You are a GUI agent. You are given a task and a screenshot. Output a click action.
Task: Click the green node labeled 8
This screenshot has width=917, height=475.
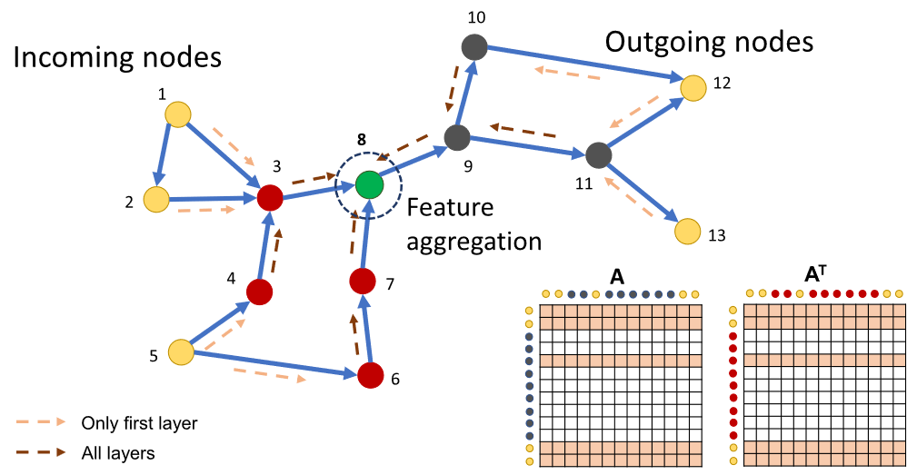(x=369, y=184)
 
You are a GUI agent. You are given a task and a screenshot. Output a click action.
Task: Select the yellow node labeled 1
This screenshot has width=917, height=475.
(x=177, y=114)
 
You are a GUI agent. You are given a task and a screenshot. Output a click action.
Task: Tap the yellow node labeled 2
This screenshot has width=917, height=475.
(x=156, y=199)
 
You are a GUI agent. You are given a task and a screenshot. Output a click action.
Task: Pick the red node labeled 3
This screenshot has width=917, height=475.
(x=270, y=197)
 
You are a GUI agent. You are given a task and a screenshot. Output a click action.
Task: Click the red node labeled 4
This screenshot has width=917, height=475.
(x=260, y=292)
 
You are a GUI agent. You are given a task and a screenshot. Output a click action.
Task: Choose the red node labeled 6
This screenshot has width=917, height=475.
(x=370, y=374)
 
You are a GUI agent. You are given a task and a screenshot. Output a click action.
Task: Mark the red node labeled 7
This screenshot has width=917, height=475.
(x=363, y=282)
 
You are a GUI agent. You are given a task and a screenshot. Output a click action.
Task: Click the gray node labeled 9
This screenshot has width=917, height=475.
(x=456, y=138)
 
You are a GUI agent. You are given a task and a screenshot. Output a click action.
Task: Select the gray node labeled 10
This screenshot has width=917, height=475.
(x=473, y=46)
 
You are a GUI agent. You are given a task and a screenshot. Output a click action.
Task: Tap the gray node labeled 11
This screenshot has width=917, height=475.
(x=597, y=154)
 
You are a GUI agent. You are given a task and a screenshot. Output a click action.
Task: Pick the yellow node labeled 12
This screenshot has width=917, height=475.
(x=694, y=87)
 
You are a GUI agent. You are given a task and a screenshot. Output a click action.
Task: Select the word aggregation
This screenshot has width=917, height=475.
(x=473, y=242)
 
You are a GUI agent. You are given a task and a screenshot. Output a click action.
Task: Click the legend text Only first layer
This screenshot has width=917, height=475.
(x=139, y=422)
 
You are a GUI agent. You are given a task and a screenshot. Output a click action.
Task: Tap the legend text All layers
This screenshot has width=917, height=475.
(x=117, y=451)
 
